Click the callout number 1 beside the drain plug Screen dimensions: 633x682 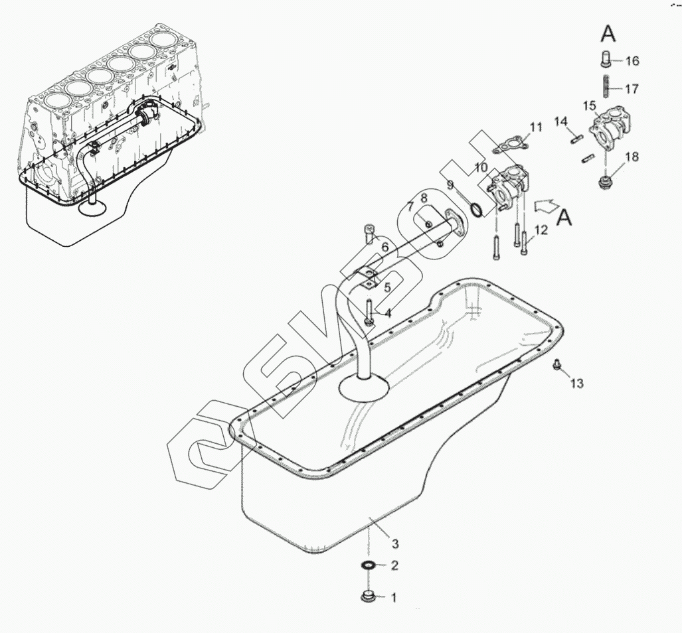coord(393,597)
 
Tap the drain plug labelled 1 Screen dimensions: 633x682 coord(367,596)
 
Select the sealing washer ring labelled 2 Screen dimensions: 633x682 coord(367,565)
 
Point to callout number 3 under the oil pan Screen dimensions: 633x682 coord(394,544)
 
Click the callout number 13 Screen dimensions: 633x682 coord(576,383)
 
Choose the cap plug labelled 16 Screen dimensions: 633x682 coord(608,60)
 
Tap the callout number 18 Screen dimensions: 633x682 coord(632,157)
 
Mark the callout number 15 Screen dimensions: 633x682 coord(590,106)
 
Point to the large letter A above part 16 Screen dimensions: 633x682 coord(609,32)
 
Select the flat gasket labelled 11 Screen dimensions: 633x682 coord(511,142)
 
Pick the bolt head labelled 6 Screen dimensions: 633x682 coord(370,230)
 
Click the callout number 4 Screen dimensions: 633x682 coord(387,312)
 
